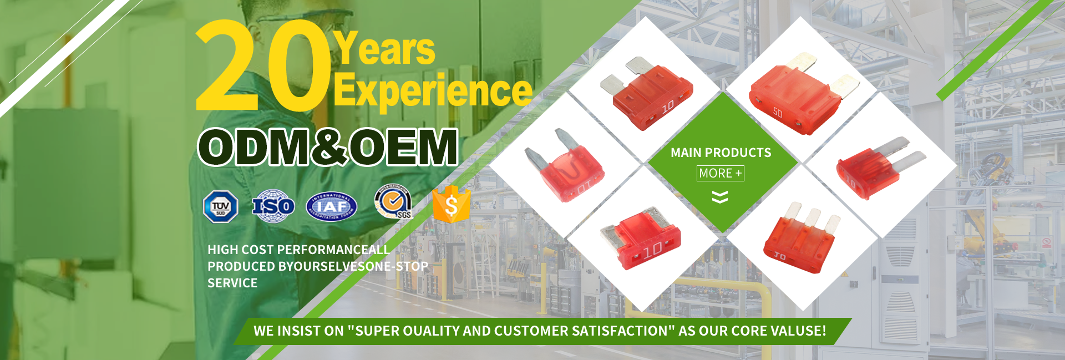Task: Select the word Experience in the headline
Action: [x=433, y=90]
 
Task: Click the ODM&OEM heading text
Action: [x=328, y=147]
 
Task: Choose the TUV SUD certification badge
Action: [x=221, y=207]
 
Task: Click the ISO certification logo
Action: [x=273, y=206]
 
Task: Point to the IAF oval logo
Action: [x=332, y=207]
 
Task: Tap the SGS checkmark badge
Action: [x=393, y=203]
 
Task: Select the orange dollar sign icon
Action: [x=451, y=205]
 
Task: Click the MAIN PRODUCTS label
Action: [x=721, y=153]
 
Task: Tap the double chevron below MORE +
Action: [x=720, y=197]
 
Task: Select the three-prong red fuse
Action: [x=800, y=239]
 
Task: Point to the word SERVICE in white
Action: [x=232, y=283]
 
